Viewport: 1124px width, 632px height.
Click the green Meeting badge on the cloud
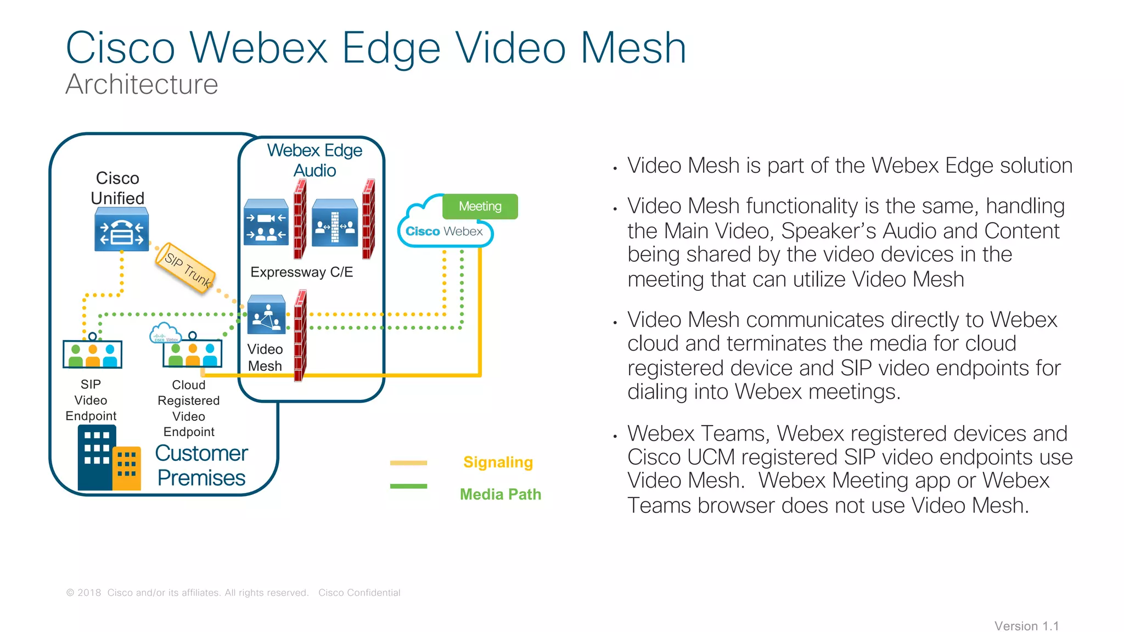click(x=480, y=206)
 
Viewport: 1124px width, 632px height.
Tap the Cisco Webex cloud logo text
click(x=444, y=232)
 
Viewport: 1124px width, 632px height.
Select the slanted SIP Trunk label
click(x=186, y=268)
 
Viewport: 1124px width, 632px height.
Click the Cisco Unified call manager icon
click(x=121, y=231)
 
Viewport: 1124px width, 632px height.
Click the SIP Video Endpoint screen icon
click(x=92, y=353)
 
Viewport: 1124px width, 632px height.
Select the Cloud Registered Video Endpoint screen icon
click(x=192, y=353)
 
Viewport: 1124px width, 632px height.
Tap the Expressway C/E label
click(x=301, y=272)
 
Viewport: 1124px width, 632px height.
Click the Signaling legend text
click(x=498, y=462)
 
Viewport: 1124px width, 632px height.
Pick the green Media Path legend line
click(x=408, y=486)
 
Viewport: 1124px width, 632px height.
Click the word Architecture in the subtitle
click(x=142, y=84)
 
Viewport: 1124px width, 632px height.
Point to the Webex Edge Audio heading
click(x=314, y=160)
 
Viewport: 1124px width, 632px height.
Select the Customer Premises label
click(x=201, y=466)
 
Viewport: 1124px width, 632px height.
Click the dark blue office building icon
click(x=97, y=458)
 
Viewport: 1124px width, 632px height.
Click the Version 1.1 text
click(x=1026, y=626)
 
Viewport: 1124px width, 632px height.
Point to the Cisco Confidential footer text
click(x=359, y=592)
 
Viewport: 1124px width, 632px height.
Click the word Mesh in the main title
click(x=633, y=48)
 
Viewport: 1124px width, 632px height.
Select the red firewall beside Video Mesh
click(x=300, y=336)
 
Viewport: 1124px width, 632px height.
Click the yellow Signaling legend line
click(x=408, y=463)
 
